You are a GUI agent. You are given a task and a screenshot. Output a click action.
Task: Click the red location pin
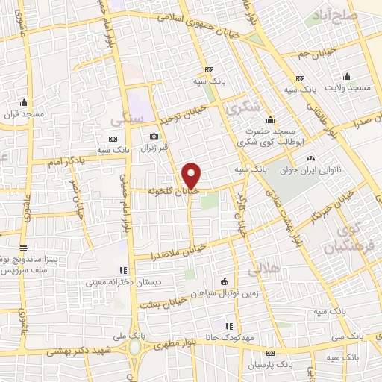point(192,175)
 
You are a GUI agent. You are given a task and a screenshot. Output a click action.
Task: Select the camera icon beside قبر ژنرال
point(154,137)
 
